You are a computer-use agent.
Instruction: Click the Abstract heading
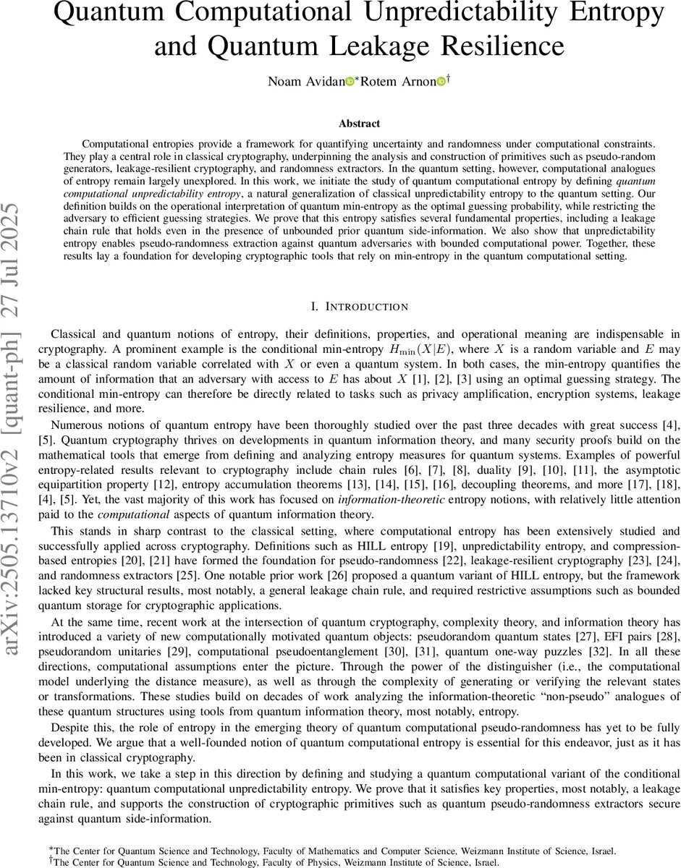pos(360,124)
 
